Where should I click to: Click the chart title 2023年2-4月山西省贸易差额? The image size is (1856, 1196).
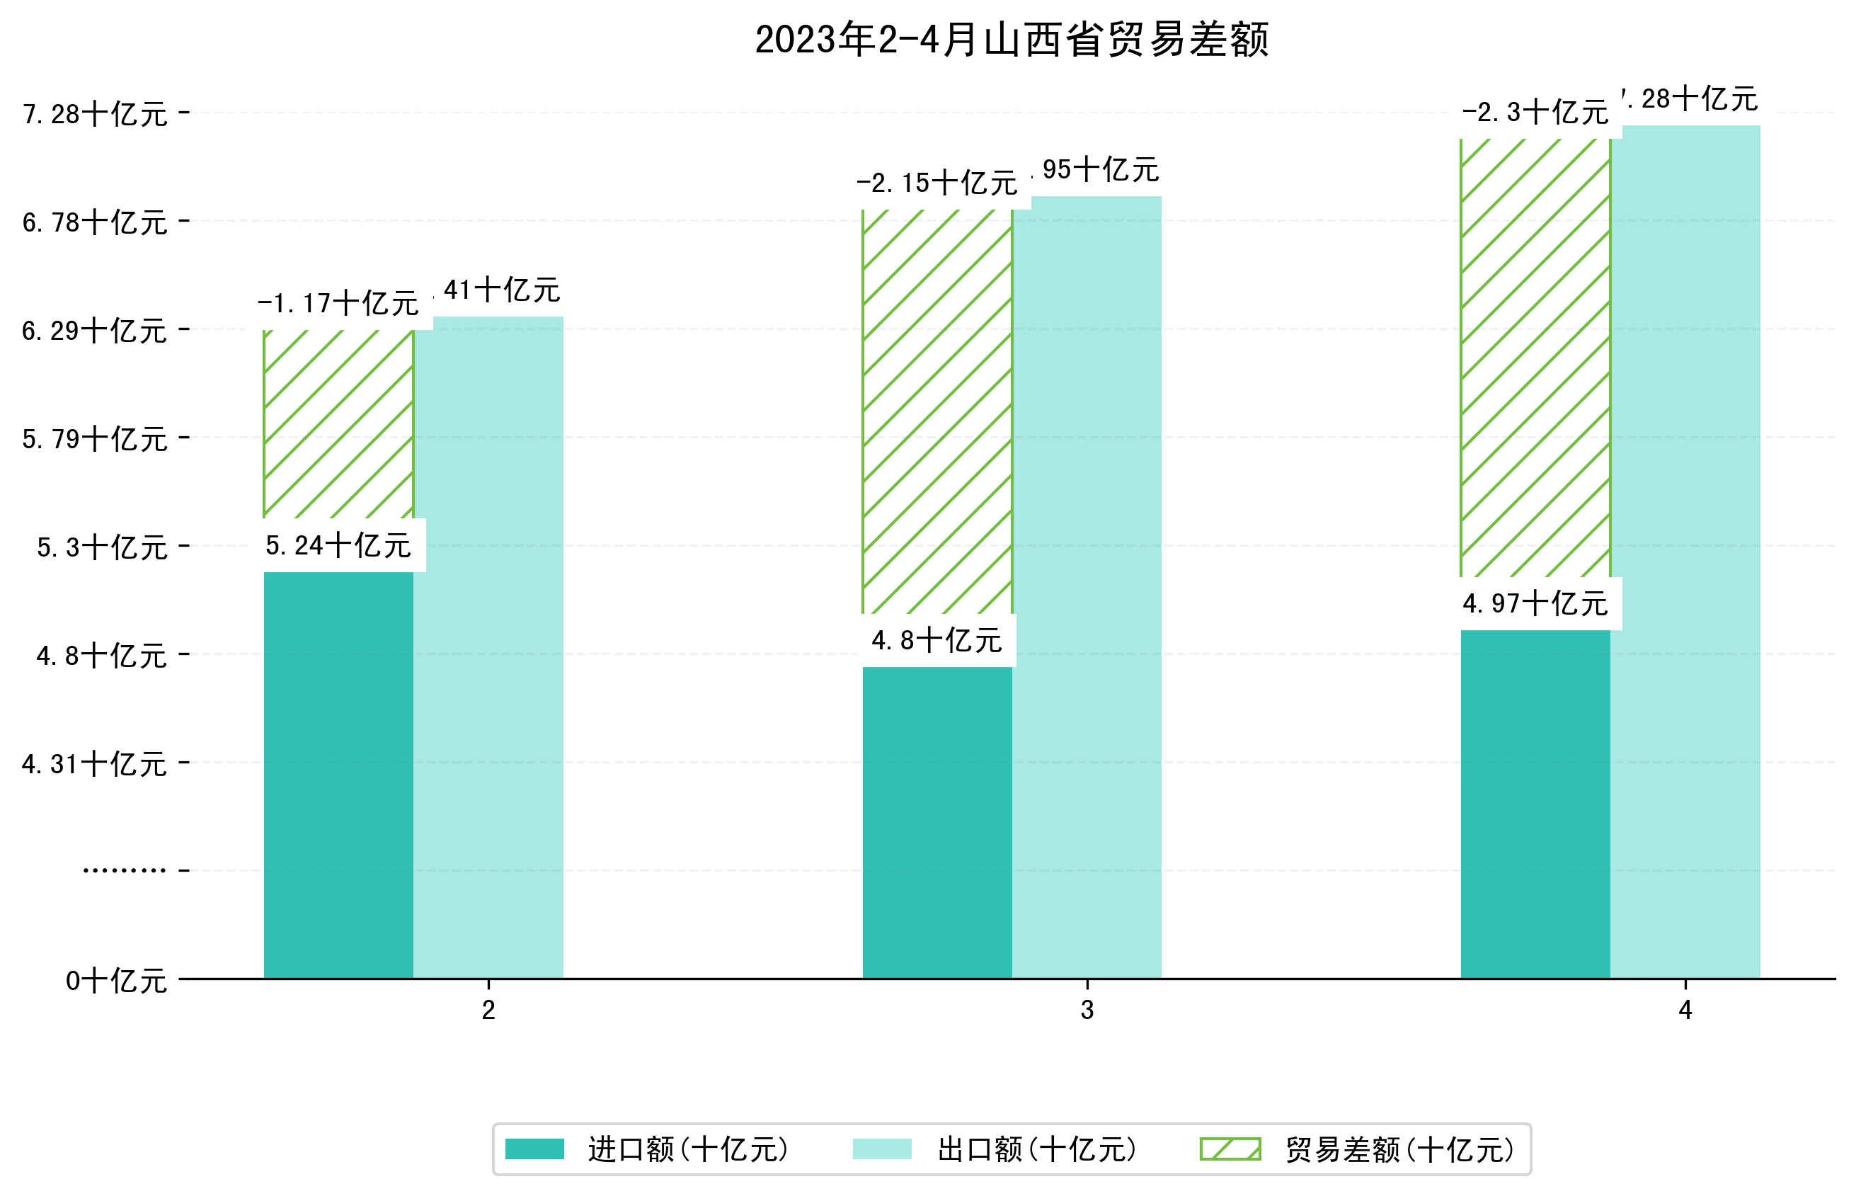click(x=1011, y=40)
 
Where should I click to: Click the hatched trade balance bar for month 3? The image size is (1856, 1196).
click(x=937, y=411)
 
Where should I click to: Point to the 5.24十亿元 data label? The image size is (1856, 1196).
click(x=338, y=546)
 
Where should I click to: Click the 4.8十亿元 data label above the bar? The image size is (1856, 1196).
click(x=936, y=641)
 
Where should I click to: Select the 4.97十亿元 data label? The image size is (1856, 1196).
click(x=1535, y=603)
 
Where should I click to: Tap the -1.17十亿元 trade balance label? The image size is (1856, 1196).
click(x=338, y=303)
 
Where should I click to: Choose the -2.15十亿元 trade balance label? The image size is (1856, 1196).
click(x=937, y=183)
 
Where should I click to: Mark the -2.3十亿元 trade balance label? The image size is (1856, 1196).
click(x=1535, y=113)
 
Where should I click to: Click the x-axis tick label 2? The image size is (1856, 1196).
click(x=488, y=1010)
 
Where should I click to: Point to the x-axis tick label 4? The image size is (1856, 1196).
click(x=1685, y=1010)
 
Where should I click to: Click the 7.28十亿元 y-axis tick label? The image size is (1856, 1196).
click(x=95, y=114)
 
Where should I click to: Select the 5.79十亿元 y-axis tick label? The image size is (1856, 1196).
click(x=95, y=439)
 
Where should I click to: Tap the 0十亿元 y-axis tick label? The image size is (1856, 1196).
click(x=116, y=981)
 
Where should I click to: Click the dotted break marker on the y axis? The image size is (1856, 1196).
click(x=124, y=870)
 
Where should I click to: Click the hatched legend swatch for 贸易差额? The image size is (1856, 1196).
click(x=1230, y=1149)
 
